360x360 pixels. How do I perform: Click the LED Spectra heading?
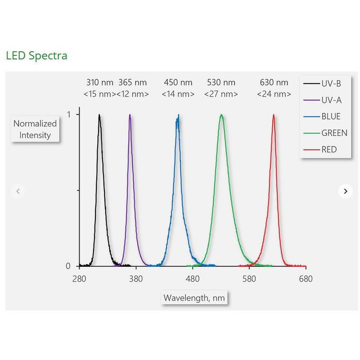pos(36,56)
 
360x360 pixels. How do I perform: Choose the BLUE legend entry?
pos(331,117)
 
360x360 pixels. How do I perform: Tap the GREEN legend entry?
pos(334,133)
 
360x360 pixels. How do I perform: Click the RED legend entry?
pos(329,149)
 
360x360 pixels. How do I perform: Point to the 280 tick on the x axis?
pos(79,279)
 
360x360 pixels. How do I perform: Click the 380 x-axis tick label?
pos(136,279)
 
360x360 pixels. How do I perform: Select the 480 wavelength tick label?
pos(193,279)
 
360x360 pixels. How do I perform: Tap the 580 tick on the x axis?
pos(249,279)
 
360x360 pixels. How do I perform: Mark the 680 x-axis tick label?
pos(306,279)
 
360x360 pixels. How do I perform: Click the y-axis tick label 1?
pos(69,114)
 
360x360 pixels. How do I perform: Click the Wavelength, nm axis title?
pos(194,297)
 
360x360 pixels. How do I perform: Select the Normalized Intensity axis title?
pos(35,129)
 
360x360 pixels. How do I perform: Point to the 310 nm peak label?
pos(99,82)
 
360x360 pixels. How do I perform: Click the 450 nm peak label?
pos(178,82)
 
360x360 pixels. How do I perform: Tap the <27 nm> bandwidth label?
pos(221,94)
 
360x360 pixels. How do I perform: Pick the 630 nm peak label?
pos(274,82)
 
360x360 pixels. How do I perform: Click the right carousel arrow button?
pos(345,191)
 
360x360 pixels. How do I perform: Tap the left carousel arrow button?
pos(18,191)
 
